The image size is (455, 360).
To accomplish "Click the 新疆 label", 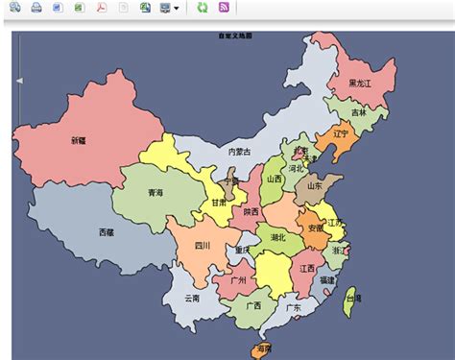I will pyautogui.click(x=78, y=140).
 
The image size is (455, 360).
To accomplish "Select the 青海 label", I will pyautogui.click(x=155, y=192).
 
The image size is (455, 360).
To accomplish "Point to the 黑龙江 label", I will pyautogui.click(x=360, y=84).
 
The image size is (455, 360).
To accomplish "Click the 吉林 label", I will pyautogui.click(x=358, y=112).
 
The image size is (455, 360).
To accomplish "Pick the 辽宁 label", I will pyautogui.click(x=341, y=133).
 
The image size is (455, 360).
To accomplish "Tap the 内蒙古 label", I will pyautogui.click(x=239, y=151).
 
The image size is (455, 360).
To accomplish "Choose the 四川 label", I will pyautogui.click(x=203, y=245).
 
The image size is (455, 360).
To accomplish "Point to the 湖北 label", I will pyautogui.click(x=277, y=236).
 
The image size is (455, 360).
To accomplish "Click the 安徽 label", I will pyautogui.click(x=315, y=228).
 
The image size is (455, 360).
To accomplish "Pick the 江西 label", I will pyautogui.click(x=307, y=268).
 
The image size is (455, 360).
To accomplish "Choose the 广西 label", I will pyautogui.click(x=253, y=305).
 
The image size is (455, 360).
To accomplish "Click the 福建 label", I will pyautogui.click(x=328, y=279).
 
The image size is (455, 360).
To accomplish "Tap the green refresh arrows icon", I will pyautogui.click(x=202, y=8).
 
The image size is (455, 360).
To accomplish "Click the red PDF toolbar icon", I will pyautogui.click(x=101, y=8).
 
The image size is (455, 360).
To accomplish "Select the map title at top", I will pyautogui.click(x=235, y=36).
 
